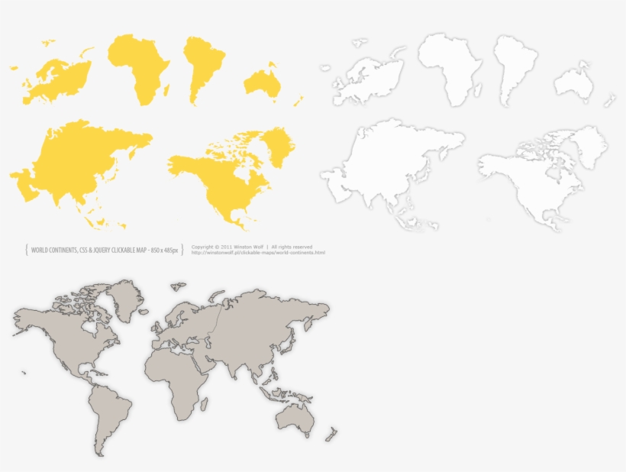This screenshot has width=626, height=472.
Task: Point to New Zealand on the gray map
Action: coord(331,435)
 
